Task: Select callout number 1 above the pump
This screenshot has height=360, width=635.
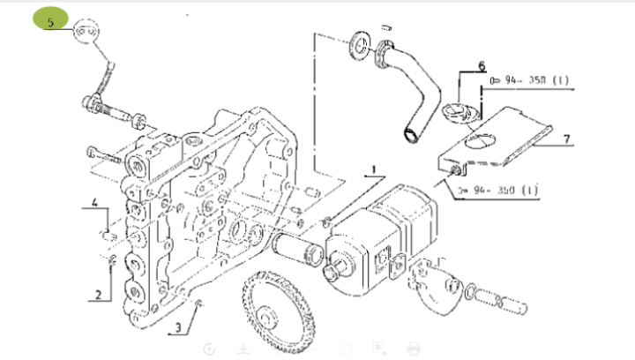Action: click(373, 168)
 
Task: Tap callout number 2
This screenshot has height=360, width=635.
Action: click(99, 293)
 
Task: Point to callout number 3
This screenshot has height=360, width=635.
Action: click(178, 328)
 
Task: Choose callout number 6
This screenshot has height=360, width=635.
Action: click(482, 65)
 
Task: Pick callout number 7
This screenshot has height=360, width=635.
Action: click(567, 138)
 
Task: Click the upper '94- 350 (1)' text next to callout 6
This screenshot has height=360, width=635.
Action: click(530, 80)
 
